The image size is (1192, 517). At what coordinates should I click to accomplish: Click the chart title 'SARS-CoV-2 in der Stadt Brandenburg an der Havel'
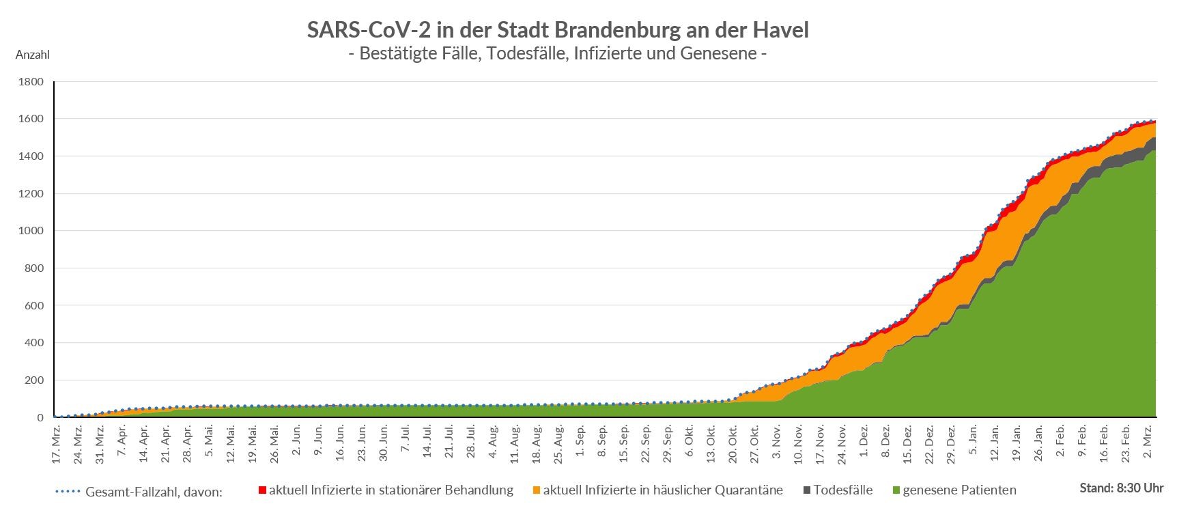pos(557,30)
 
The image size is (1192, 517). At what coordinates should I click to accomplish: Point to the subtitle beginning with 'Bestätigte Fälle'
pos(557,53)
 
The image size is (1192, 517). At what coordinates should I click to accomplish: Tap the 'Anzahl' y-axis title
pos(32,55)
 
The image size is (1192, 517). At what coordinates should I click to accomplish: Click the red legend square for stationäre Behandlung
pos(262,490)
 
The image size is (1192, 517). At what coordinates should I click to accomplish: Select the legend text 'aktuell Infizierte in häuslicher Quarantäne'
pos(663,490)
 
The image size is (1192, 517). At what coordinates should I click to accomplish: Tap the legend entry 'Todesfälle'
pos(843,490)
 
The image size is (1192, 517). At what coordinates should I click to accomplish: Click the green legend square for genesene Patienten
pos(896,490)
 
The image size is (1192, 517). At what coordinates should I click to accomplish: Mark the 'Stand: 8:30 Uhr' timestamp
pos(1121,488)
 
